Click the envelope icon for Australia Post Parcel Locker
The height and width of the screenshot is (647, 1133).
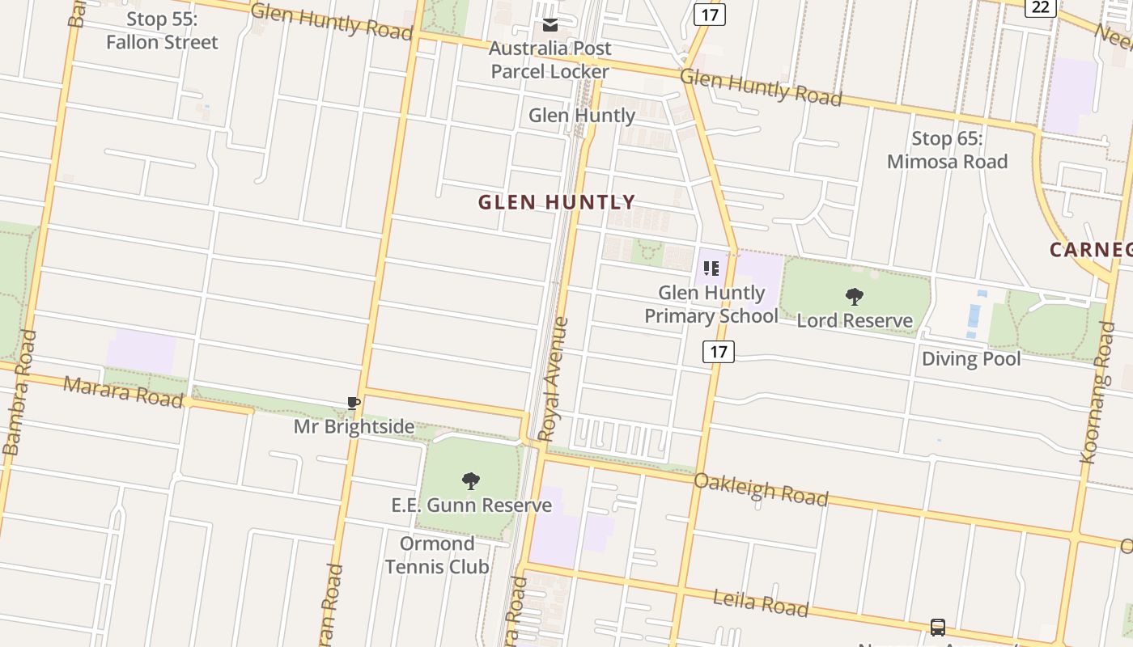tap(550, 25)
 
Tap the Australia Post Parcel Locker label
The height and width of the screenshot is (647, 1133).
tap(550, 60)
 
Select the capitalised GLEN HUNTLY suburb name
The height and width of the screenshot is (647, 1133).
tap(557, 202)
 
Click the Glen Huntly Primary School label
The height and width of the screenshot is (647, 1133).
tap(711, 304)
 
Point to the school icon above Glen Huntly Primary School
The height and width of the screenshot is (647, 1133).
tap(711, 269)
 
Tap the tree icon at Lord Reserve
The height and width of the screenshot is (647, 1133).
tap(854, 297)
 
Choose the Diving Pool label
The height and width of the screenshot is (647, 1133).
tap(971, 358)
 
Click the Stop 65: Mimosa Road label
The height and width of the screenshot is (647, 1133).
tap(947, 150)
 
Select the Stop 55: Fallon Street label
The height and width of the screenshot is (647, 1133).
tap(162, 31)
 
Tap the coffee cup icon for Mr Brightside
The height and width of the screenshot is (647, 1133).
tap(353, 403)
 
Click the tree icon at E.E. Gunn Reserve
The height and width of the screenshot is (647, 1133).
tap(471, 481)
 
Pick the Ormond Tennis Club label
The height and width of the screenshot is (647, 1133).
tap(437, 555)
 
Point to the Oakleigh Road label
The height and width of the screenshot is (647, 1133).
tap(761, 488)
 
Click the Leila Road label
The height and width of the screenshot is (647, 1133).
tap(760, 603)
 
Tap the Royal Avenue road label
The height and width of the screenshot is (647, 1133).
tap(554, 379)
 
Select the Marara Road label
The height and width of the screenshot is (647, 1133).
tap(123, 391)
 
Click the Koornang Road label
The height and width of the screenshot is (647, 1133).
tap(1097, 392)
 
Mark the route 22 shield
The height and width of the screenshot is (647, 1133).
tap(1040, 6)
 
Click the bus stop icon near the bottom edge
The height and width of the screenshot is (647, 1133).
tap(938, 627)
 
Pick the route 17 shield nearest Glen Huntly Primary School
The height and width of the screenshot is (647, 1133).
tap(718, 351)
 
